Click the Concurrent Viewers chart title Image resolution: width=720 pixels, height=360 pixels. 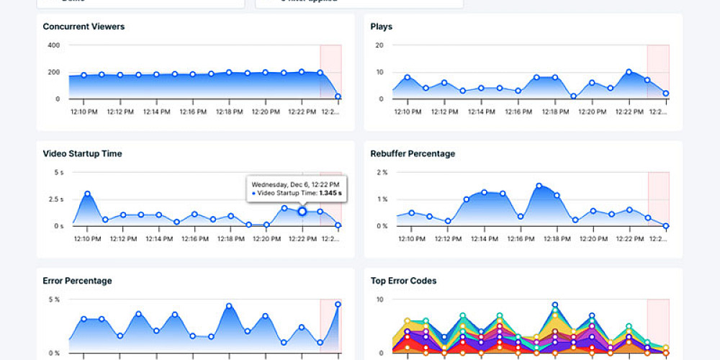[84, 27]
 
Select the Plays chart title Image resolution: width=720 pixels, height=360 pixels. [381, 27]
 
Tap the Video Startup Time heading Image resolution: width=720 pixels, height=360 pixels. [82, 153]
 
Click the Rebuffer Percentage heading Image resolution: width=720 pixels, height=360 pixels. [413, 153]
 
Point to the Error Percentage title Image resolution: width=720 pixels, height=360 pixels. [77, 280]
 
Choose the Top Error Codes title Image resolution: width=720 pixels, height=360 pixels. [403, 280]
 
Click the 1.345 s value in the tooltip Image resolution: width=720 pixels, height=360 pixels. [328, 193]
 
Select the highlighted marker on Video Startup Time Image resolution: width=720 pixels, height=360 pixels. [302, 212]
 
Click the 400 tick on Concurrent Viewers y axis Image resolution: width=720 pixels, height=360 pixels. [54, 45]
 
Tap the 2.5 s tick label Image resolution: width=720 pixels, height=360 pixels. [57, 199]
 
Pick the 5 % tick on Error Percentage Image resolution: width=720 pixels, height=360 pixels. [54, 300]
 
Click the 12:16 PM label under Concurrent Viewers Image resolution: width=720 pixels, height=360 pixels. [193, 112]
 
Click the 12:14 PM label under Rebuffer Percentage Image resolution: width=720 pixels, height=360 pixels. [482, 238]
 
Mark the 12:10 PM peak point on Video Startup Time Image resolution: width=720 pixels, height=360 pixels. [87, 194]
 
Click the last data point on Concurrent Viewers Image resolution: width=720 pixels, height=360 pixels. [338, 96]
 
